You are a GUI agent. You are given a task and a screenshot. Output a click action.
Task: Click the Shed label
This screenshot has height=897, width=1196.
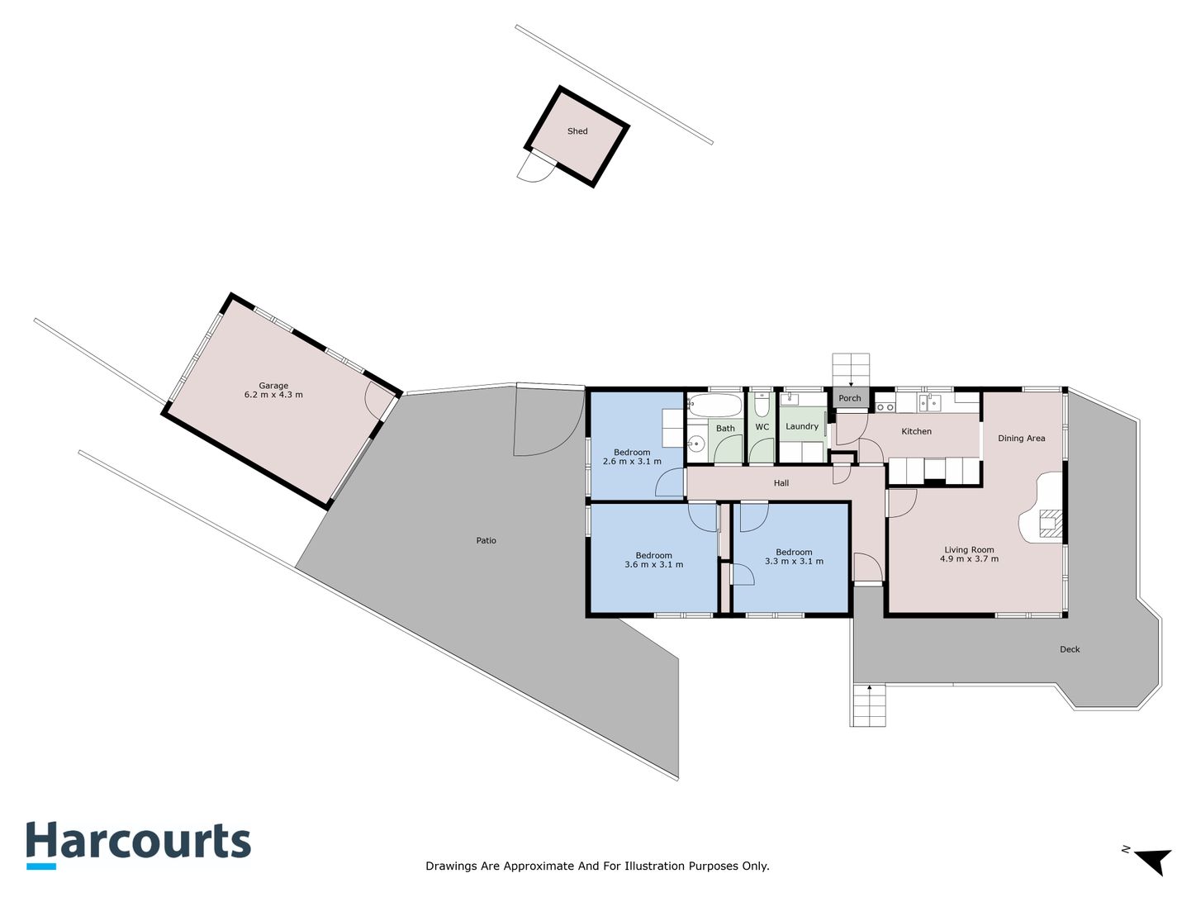tap(577, 131)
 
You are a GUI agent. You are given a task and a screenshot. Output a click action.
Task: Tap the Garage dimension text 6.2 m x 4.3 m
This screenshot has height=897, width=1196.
tap(273, 395)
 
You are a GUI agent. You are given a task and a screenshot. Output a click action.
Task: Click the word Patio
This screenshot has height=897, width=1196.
tap(486, 540)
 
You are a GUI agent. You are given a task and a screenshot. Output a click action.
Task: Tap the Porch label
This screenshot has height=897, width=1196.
tap(849, 398)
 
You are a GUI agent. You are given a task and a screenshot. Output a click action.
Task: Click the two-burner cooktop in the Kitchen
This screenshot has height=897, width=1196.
tap(885, 407)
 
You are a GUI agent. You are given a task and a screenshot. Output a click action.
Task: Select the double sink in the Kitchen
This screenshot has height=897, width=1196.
tap(929, 403)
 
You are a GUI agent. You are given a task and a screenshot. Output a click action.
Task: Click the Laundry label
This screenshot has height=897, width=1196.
tap(801, 426)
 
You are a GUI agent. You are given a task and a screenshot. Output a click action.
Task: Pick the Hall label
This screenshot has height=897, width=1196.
tap(781, 483)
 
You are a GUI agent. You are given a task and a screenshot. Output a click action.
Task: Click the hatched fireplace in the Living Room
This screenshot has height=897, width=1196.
tap(1051, 524)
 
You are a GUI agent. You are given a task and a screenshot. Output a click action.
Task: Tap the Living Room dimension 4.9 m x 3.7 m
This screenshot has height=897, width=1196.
tap(969, 559)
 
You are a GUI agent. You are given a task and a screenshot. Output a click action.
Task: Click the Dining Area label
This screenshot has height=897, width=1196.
tap(1021, 439)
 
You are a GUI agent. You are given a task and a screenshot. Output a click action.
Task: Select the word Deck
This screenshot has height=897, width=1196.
tap(1070, 649)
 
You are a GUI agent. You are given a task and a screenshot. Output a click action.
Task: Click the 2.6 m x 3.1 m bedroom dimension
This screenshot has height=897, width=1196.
tap(632, 461)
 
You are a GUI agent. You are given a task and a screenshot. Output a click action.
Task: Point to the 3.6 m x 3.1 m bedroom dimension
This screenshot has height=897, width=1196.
tap(654, 565)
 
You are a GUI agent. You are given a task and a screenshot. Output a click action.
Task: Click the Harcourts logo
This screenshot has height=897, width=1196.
tap(139, 845)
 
